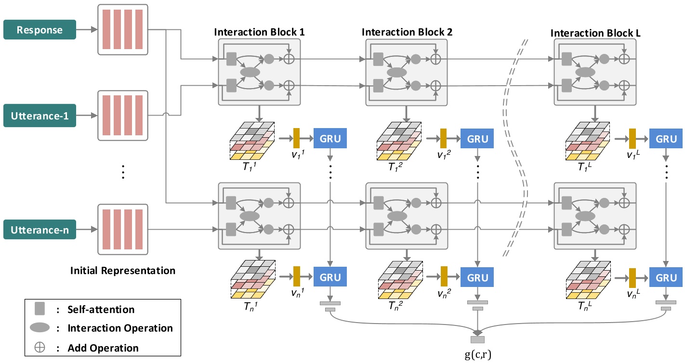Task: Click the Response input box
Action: pyautogui.click(x=40, y=29)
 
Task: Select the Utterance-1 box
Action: pyautogui.click(x=40, y=117)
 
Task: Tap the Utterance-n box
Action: pyautogui.click(x=40, y=230)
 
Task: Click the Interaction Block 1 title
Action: pyautogui.click(x=259, y=32)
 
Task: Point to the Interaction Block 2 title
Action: pyautogui.click(x=407, y=32)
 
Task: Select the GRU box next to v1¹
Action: pyautogui.click(x=330, y=139)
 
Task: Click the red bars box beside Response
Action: pyautogui.click(x=123, y=29)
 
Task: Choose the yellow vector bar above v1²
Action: pyautogui.click(x=443, y=139)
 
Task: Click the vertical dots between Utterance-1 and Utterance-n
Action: pyautogui.click(x=123, y=172)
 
